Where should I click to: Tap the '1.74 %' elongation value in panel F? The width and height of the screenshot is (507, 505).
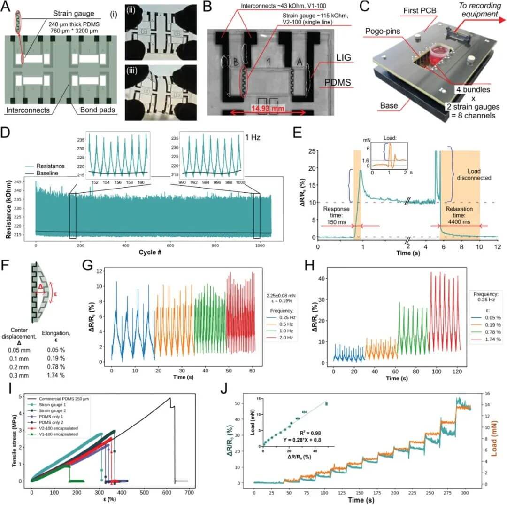click(55, 375)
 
